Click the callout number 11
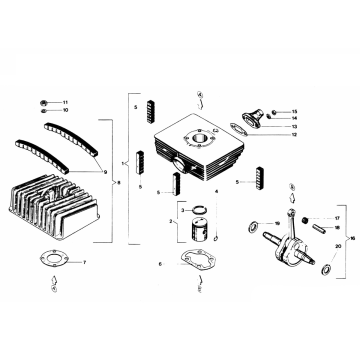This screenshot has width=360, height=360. point(66,102)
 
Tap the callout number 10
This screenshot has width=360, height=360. point(66,110)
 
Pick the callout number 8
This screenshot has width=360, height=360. point(119,182)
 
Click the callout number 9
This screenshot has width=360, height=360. point(103,171)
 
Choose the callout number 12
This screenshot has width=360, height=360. point(295,133)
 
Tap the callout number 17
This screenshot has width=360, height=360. point(338,217)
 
